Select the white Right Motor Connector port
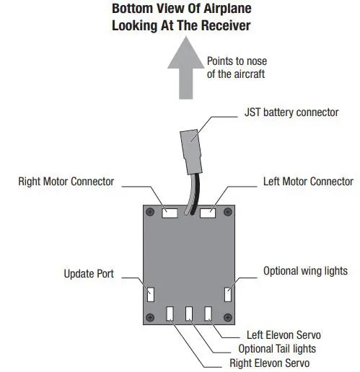(171, 213)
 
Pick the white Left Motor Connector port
(207, 213)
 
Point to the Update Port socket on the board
(152, 294)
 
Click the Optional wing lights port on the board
(228, 294)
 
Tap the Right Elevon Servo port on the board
(170, 314)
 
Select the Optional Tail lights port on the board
(189, 314)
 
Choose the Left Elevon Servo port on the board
(208, 314)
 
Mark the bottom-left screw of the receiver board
(150, 318)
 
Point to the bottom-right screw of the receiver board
(229, 318)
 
